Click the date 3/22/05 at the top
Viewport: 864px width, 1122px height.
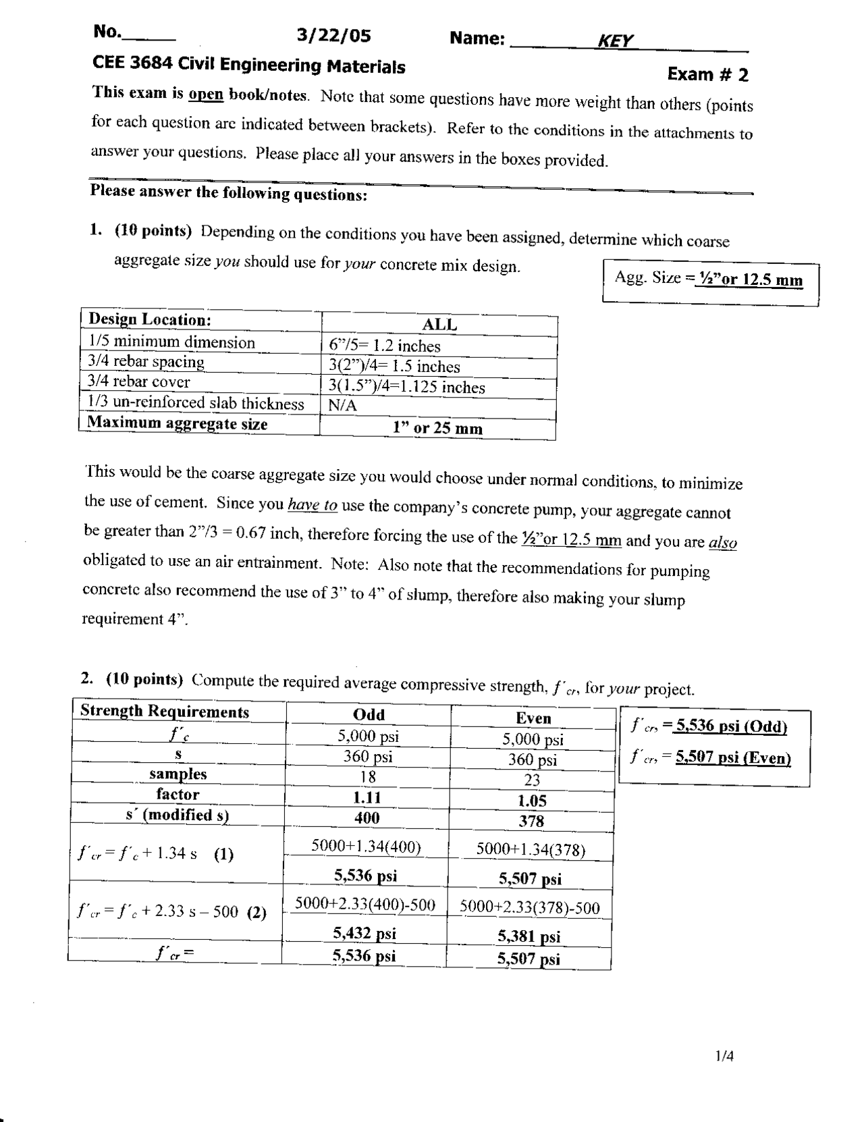click(x=333, y=36)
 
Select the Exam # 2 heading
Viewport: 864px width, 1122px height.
click(x=707, y=74)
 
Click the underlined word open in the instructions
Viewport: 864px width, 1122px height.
click(x=205, y=95)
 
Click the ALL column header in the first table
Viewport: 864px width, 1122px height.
click(x=439, y=325)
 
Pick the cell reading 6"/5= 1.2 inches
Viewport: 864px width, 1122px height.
click(x=385, y=346)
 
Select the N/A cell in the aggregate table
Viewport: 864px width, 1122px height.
click(x=343, y=406)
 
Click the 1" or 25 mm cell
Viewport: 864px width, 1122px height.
click(x=437, y=428)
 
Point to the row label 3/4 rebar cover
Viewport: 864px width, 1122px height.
click(x=139, y=381)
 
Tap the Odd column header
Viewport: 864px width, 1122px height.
click(x=369, y=715)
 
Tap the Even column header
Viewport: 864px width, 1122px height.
click(x=533, y=718)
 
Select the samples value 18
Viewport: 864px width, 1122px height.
click(x=368, y=776)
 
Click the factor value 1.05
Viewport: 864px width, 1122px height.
click(x=532, y=801)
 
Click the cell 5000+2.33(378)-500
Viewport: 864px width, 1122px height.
click(x=530, y=908)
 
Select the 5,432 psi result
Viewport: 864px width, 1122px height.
click(x=364, y=934)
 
